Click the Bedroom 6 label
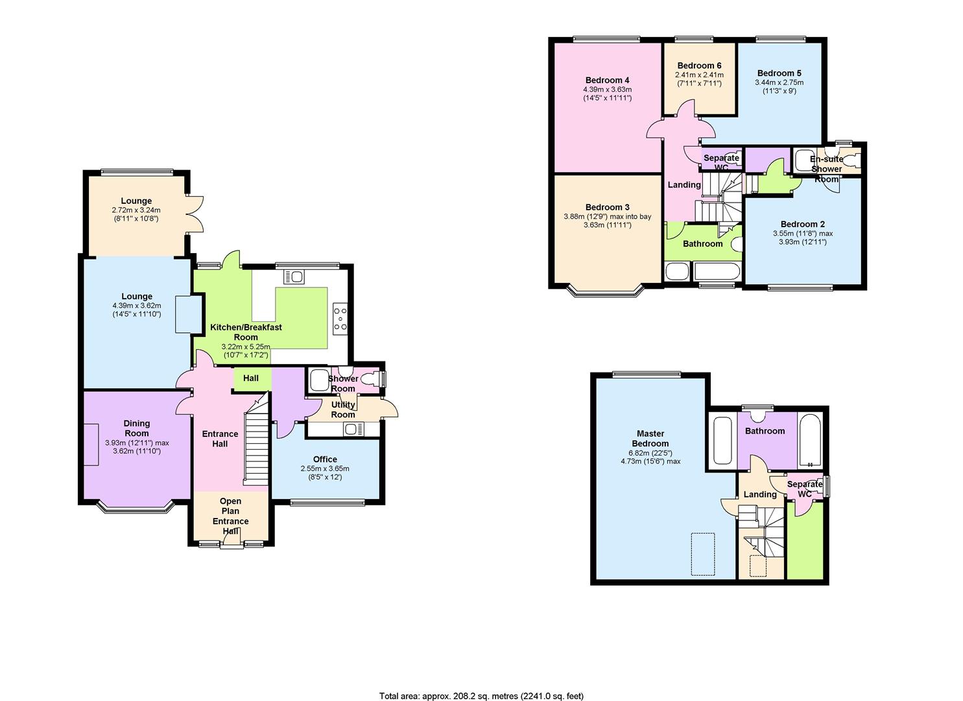(699, 66)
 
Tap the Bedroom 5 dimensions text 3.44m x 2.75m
(779, 82)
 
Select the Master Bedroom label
(650, 439)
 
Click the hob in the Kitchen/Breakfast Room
(340, 319)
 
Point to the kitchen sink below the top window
(294, 276)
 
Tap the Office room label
(325, 459)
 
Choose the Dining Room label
(137, 428)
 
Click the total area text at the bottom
(481, 683)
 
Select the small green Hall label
(250, 378)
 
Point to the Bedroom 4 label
(608, 80)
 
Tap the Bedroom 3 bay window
(606, 291)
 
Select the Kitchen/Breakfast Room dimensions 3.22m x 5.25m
(246, 347)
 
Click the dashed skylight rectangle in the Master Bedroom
(702, 554)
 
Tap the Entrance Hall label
(220, 439)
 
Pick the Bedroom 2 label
(803, 224)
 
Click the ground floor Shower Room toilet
(370, 379)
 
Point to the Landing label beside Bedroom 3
(684, 184)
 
